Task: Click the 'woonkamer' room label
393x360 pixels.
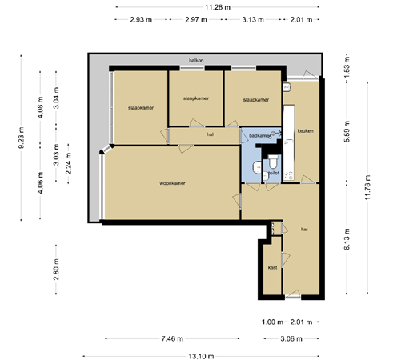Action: pos(172,183)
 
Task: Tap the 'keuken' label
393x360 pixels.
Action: pos(305,130)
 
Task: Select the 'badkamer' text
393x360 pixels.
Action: pos(261,136)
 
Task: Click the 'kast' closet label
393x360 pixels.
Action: pos(272,267)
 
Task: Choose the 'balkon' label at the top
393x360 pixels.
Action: pos(195,61)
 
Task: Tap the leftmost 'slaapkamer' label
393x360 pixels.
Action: pos(141,107)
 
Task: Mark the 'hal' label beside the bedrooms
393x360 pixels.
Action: pos(210,134)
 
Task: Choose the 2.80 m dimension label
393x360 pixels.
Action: pos(55,272)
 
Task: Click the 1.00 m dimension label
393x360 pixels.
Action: pos(273,322)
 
